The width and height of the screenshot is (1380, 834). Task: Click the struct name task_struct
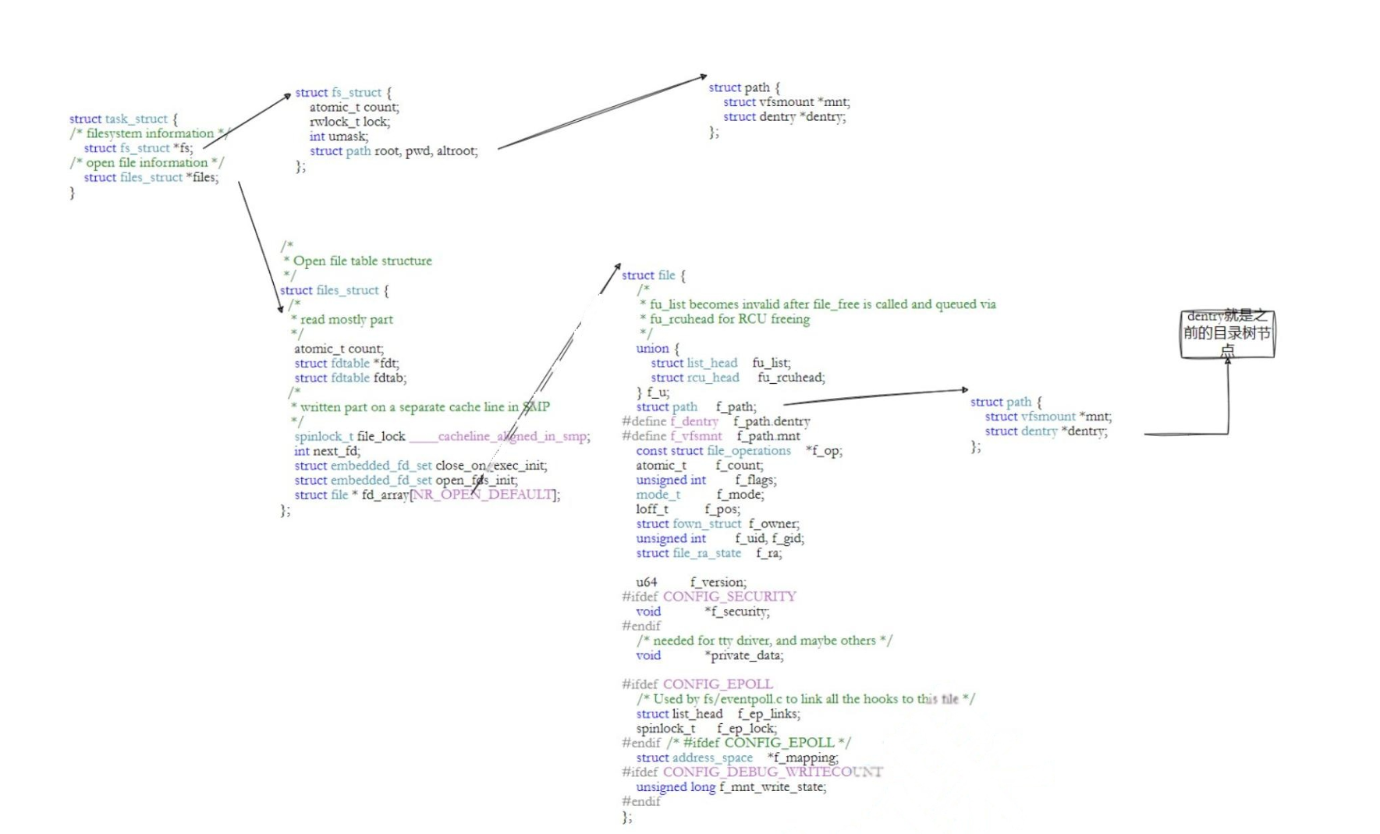136,119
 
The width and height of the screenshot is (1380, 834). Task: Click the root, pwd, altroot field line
393,151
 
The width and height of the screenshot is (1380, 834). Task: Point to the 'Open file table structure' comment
362,261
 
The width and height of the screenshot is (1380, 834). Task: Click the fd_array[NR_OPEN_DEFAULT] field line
427,495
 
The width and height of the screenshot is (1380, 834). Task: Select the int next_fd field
327,451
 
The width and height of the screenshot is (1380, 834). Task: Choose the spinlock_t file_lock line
442,436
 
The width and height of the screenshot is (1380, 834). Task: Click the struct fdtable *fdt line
346,363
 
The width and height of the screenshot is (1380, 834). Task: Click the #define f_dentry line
715,421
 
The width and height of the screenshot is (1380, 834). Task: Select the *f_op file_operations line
739,451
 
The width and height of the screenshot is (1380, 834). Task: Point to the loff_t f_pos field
687,509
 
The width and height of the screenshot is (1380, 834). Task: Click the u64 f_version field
690,582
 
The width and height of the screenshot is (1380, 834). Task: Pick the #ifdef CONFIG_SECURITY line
708,597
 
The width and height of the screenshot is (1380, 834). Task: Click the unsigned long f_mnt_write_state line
731,786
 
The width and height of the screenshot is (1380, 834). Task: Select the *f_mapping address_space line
737,758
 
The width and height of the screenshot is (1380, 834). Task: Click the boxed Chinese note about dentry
1227,333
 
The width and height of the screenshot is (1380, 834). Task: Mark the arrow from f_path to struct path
875,396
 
